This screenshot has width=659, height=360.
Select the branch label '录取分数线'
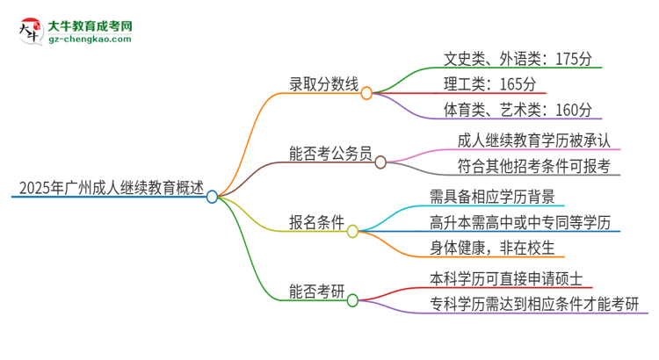(324, 84)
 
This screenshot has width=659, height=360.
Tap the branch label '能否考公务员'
(331, 154)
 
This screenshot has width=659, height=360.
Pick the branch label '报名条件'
(316, 223)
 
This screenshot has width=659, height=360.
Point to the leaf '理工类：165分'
(489, 84)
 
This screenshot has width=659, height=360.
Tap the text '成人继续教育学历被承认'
(534, 140)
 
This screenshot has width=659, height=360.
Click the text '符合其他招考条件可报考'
(534, 166)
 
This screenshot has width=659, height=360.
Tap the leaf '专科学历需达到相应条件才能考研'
(534, 305)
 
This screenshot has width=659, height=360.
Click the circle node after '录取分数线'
(367, 91)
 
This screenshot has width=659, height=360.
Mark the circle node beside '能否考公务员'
(380, 162)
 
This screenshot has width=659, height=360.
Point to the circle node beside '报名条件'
(352, 231)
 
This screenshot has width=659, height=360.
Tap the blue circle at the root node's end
(212, 197)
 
